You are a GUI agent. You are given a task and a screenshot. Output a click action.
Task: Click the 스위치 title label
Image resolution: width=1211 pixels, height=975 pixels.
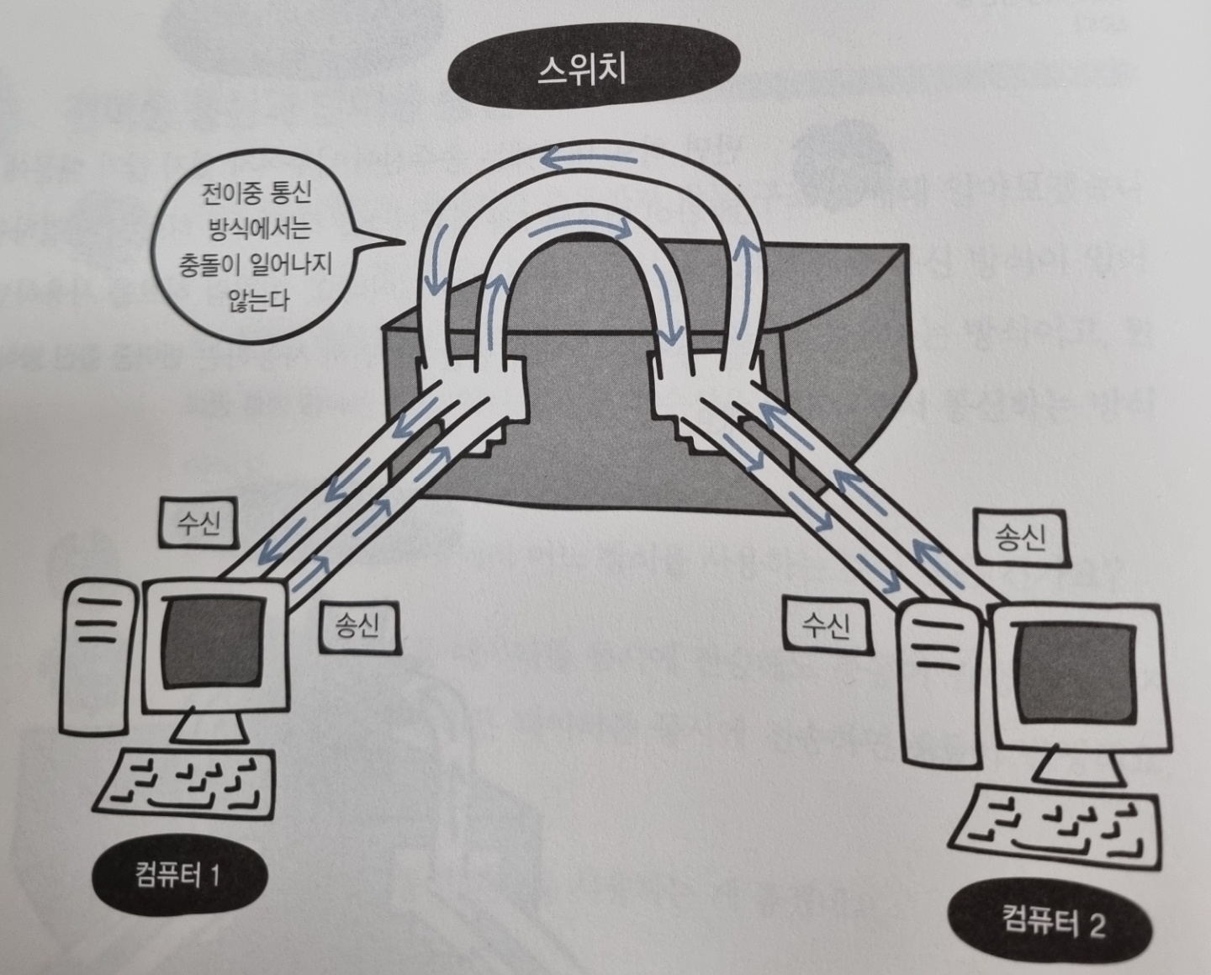coord(582,71)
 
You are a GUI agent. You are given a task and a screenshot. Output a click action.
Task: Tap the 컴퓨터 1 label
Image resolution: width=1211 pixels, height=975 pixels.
coord(177,877)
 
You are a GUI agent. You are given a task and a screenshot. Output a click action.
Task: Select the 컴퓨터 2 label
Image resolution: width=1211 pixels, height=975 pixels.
coord(1053,924)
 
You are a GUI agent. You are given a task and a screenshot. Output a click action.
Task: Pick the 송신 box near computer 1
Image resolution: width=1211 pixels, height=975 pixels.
coord(357,624)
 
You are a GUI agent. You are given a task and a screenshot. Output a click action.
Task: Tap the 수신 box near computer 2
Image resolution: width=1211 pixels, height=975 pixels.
coord(826,625)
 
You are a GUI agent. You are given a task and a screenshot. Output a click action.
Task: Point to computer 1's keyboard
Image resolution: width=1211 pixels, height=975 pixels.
coord(188,782)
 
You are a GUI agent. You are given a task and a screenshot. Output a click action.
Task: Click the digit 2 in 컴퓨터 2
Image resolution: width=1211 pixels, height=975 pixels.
coord(1095,925)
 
